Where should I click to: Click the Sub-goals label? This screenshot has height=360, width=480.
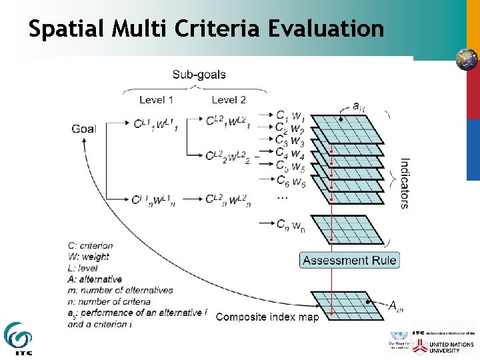pyautogui.click(x=199, y=75)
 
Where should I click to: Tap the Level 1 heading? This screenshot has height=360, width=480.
pyautogui.click(x=156, y=100)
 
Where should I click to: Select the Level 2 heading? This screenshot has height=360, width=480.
pyautogui.click(x=229, y=100)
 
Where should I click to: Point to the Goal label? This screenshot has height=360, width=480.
pyautogui.click(x=84, y=129)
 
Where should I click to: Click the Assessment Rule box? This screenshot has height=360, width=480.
pyautogui.click(x=349, y=260)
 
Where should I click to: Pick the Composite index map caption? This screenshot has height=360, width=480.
pyautogui.click(x=267, y=317)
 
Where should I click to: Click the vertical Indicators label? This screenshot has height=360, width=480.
pyautogui.click(x=405, y=183)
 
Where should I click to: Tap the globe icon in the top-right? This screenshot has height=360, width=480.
pyautogui.click(x=467, y=59)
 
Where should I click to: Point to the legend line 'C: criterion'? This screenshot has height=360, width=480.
pyautogui.click(x=91, y=245)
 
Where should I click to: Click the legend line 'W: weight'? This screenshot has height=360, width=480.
pyautogui.click(x=89, y=257)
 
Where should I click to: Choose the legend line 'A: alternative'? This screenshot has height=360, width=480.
pyautogui.click(x=95, y=279)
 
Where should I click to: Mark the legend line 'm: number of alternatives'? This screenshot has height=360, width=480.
pyautogui.click(x=120, y=290)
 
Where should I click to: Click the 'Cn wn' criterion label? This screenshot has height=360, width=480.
pyautogui.click(x=291, y=225)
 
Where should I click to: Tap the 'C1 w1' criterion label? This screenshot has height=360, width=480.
pyautogui.click(x=291, y=116)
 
